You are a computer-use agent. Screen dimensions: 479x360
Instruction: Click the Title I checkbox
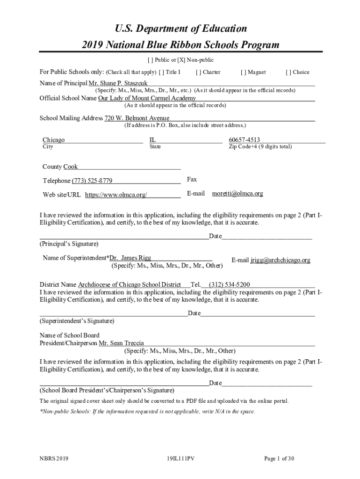tap(161, 72)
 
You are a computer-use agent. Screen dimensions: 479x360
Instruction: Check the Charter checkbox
tap(198, 72)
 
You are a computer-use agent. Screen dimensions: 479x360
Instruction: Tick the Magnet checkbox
tap(243, 72)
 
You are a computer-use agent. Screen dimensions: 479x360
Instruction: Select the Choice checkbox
tap(288, 72)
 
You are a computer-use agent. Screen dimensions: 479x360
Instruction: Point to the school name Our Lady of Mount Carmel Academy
tap(147, 98)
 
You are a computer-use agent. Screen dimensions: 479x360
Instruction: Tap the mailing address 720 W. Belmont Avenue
tap(137, 118)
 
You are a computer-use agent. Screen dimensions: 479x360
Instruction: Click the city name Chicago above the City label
tap(54, 140)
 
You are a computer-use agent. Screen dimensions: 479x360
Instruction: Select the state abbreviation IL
tap(152, 140)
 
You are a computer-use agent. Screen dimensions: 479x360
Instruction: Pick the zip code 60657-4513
tap(245, 140)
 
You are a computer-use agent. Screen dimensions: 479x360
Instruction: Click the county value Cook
tap(71, 167)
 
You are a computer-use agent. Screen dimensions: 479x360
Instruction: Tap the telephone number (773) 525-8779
tap(92, 181)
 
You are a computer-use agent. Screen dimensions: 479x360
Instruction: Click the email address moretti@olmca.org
tap(238, 193)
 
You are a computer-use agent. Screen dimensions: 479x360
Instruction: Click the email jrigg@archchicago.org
tap(280, 260)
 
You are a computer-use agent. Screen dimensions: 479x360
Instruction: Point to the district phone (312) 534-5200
tap(229, 284)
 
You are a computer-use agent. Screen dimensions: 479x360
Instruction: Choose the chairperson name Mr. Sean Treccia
tap(121, 343)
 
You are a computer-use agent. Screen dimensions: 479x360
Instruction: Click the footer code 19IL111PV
tap(180, 458)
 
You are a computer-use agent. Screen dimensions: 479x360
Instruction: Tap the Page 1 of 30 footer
tap(279, 458)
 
